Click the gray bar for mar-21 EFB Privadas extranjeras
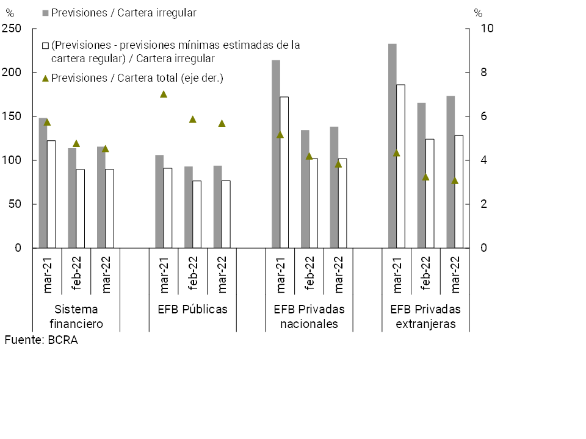pyautogui.click(x=392, y=146)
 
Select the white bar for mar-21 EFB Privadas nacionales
pyautogui.click(x=284, y=173)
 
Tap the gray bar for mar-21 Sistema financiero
pyautogui.click(x=43, y=183)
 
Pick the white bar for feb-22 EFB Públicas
pyautogui.click(x=197, y=215)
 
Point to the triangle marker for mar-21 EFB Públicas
pyautogui.click(x=164, y=95)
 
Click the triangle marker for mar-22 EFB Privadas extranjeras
pyautogui.click(x=455, y=180)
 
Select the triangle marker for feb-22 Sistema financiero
pyautogui.click(x=76, y=144)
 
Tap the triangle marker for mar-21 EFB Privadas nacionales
pyautogui.click(x=280, y=135)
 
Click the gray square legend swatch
pyautogui.click(x=46, y=13)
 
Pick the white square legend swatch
pyautogui.click(x=46, y=45)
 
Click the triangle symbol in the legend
pyautogui.click(x=46, y=78)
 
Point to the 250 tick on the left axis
pyautogui.click(x=12, y=29)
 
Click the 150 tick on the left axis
pyautogui.click(x=12, y=116)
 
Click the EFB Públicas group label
pyautogui.click(x=192, y=309)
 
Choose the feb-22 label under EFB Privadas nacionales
pyautogui.click(x=310, y=272)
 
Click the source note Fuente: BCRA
pyautogui.click(x=42, y=340)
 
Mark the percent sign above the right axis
pyautogui.click(x=478, y=13)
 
